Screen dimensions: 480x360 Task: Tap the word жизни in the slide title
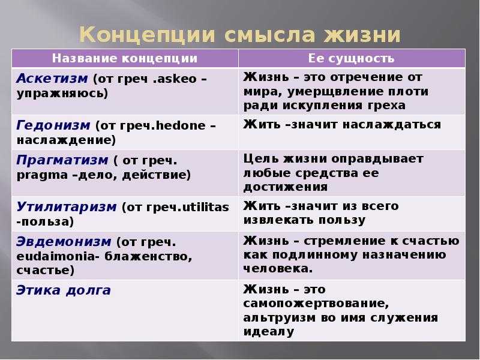click(362, 34)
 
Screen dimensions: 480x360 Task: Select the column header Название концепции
click(125, 58)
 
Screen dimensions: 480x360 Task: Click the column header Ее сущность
click(351, 58)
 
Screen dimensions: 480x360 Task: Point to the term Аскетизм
click(52, 79)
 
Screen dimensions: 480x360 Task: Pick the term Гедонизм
click(53, 125)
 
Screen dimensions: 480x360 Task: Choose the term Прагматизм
click(62, 160)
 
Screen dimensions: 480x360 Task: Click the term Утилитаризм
click(67, 207)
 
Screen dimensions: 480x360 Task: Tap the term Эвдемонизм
click(64, 242)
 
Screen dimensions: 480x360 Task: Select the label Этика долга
click(64, 290)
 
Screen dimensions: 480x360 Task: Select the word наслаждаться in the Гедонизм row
click(392, 125)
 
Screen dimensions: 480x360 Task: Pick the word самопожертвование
click(316, 304)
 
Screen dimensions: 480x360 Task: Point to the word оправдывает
click(377, 159)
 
